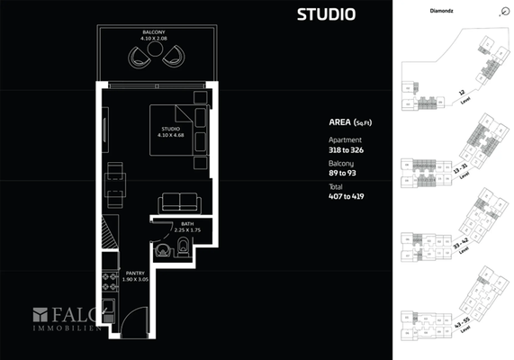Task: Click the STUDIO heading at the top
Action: pos(325,14)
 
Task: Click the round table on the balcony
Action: pos(155,51)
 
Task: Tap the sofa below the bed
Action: pos(180,202)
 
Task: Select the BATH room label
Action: pos(187,223)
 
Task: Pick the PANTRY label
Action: pos(135,273)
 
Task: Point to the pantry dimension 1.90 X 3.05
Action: pos(135,279)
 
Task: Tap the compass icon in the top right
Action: pos(501,12)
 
